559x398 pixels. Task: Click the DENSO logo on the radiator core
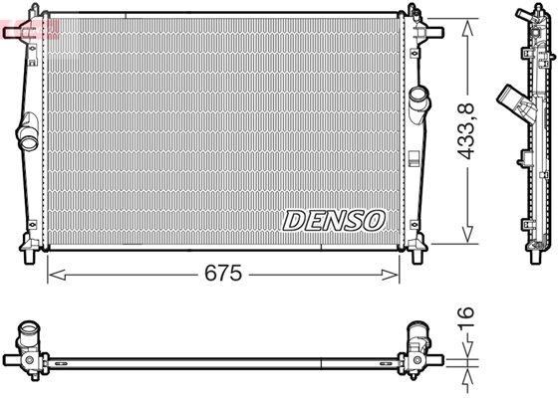[x=334, y=220]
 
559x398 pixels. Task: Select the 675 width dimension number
[x=223, y=273]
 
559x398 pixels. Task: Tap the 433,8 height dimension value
[x=466, y=130]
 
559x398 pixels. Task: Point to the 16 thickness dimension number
[x=466, y=317]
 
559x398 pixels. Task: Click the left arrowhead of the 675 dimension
[x=57, y=275]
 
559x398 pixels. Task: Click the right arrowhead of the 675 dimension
[x=390, y=275]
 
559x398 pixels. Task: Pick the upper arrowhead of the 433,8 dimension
[x=467, y=28]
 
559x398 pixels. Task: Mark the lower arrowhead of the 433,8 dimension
[x=467, y=235]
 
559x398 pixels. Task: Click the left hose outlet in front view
[x=28, y=132]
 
